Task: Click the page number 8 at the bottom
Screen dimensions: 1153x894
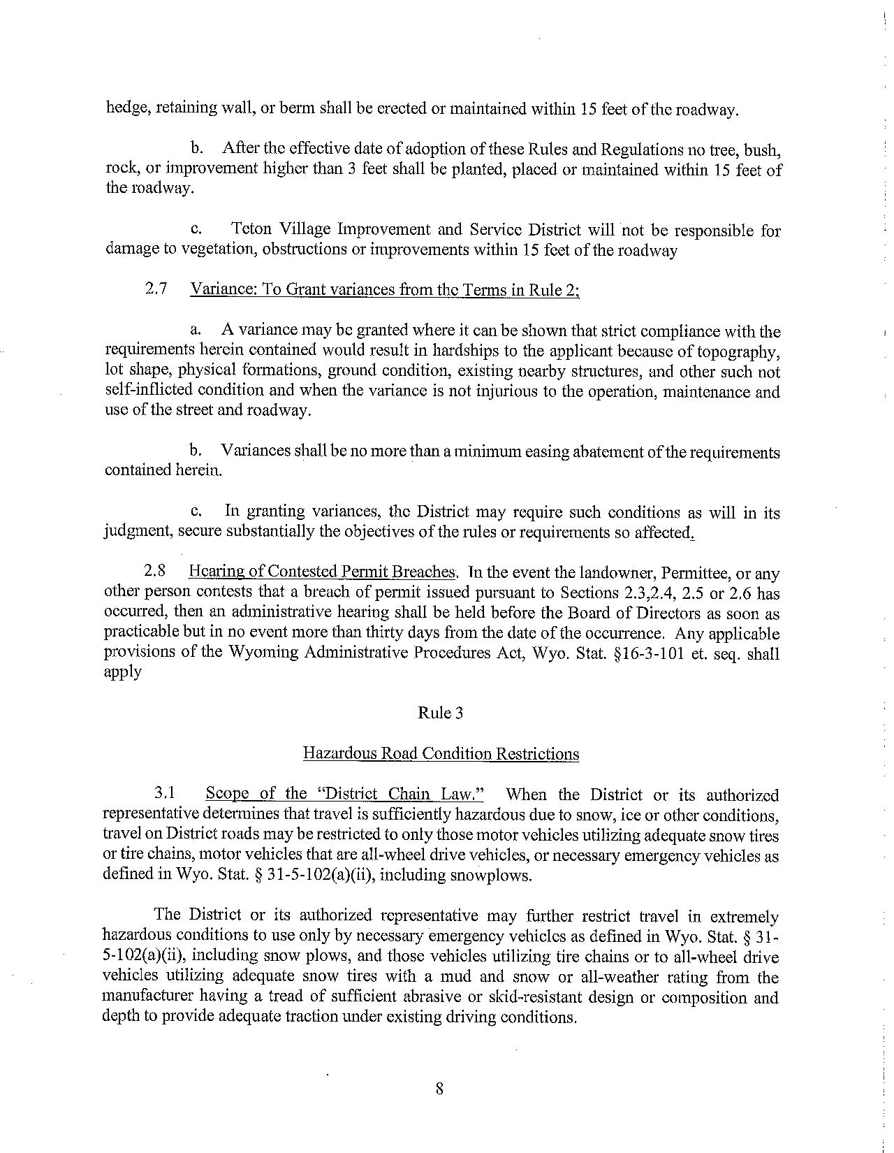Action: point(439,1088)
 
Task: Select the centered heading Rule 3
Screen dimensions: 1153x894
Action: point(440,713)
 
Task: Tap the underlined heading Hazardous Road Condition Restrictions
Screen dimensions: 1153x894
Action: point(441,753)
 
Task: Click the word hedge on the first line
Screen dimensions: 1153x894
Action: point(123,109)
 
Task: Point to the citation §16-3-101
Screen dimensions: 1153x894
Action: point(652,653)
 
